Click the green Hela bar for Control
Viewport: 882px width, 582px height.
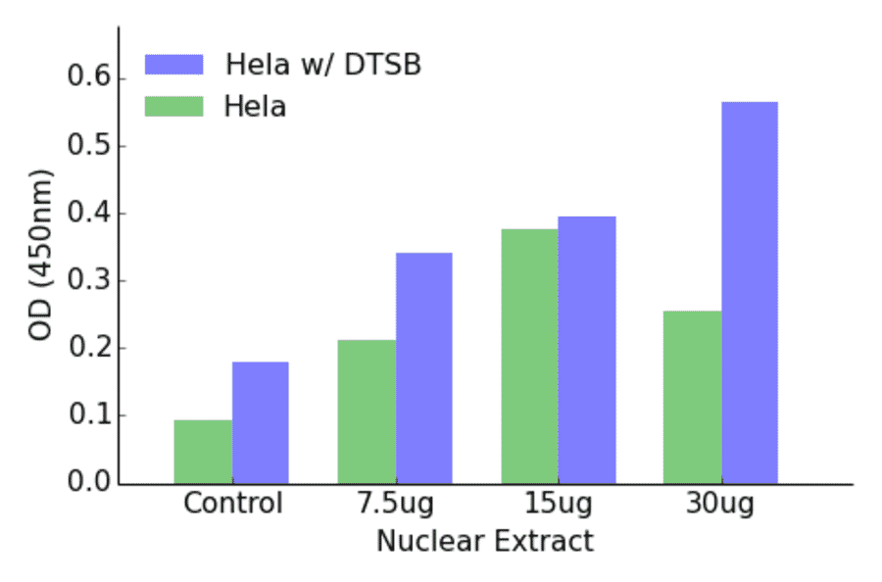203,452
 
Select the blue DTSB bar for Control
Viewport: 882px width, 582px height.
261,422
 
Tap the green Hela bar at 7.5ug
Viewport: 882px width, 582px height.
367,412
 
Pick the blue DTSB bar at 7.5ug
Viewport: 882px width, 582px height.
424,367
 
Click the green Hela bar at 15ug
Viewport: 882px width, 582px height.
530,356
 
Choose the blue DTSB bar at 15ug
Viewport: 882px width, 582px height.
587,350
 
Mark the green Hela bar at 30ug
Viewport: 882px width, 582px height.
692,397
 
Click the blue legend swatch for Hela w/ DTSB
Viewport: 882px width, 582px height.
173,65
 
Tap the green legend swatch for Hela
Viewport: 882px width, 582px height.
173,106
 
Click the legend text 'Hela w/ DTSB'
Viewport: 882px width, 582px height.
323,65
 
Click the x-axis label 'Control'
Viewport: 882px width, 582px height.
232,505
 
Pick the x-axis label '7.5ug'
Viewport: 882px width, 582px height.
395,505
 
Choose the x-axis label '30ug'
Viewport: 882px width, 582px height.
721,505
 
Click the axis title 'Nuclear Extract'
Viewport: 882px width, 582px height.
485,541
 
